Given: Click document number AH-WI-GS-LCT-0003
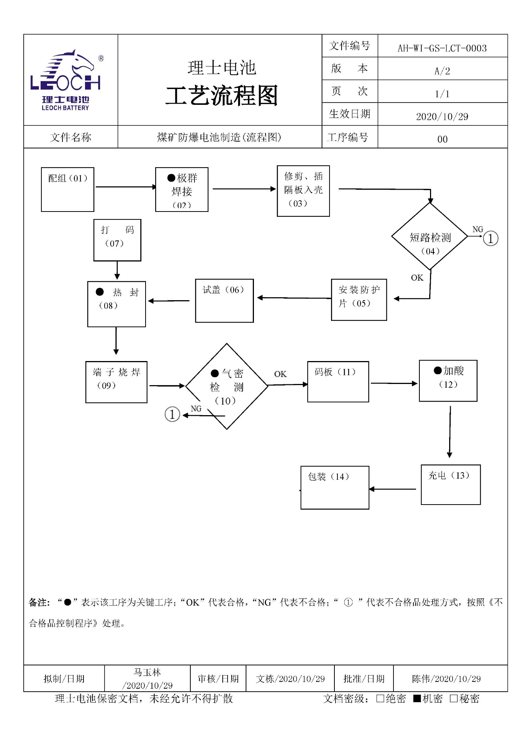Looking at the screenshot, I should (x=442, y=48).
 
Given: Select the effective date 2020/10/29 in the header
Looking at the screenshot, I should (x=442, y=116).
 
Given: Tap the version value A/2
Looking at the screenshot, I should (x=442, y=71).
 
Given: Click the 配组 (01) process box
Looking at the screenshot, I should (x=67, y=189).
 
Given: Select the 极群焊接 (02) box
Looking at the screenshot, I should (x=182, y=190).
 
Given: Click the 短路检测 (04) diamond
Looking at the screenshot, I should (x=430, y=236).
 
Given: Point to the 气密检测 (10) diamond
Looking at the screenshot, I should (x=226, y=386).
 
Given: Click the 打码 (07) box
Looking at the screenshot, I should (x=117, y=240).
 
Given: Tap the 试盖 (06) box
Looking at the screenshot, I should (x=224, y=301).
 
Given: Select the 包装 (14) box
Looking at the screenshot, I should (x=334, y=487).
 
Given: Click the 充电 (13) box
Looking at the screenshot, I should (x=450, y=484).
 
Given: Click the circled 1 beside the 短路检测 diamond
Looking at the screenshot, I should (x=490, y=238).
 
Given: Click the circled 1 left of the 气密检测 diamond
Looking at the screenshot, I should (x=172, y=414).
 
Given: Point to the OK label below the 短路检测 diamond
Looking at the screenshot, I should (x=417, y=278).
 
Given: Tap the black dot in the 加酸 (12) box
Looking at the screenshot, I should (x=437, y=370).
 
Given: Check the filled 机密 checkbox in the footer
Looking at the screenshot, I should (x=417, y=698).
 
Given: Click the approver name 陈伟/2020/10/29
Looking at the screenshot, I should (x=446, y=679).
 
